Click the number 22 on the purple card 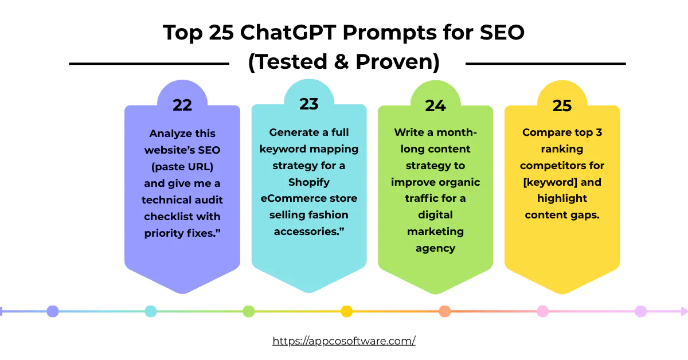point(182,105)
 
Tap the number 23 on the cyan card point(308,104)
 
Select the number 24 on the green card point(435,105)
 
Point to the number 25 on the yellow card point(562,105)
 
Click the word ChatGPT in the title point(290,33)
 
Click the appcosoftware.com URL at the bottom point(344,341)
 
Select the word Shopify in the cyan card point(308,182)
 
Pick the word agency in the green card point(435,248)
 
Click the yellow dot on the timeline point(346,311)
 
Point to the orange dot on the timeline point(444,311)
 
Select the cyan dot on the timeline point(151,311)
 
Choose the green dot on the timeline point(248,311)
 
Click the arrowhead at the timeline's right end point(683,311)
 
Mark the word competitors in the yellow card point(562,166)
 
